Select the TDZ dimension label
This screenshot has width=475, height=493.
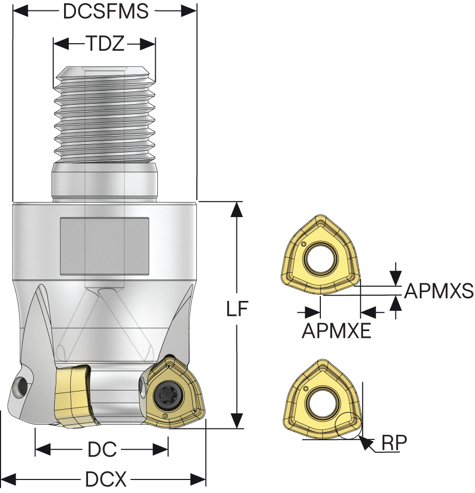click(x=105, y=44)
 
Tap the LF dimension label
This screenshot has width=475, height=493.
click(x=237, y=309)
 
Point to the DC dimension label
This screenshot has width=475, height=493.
click(x=102, y=449)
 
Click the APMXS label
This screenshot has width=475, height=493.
click(x=439, y=290)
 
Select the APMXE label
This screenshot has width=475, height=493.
click(x=336, y=330)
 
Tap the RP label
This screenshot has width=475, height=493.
click(x=394, y=443)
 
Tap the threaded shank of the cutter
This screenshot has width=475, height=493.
click(x=104, y=115)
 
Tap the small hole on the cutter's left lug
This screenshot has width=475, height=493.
click(x=21, y=385)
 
